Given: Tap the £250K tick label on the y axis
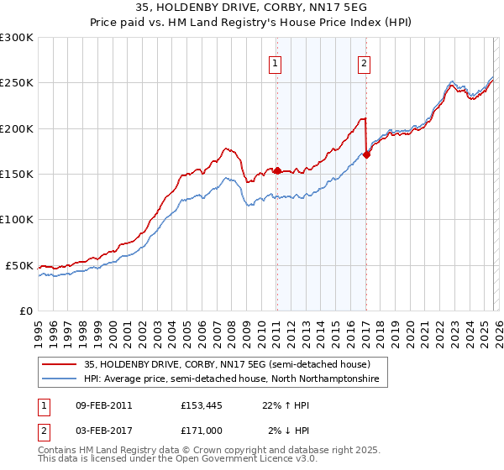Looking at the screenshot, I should tap(17, 83).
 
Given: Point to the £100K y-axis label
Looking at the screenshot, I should tap(17, 219).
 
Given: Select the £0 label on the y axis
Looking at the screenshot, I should tap(25, 311).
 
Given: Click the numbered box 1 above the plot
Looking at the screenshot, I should tap(276, 62).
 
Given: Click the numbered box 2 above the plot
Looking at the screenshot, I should tap(365, 62).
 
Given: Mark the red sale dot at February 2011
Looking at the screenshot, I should tap(276, 170).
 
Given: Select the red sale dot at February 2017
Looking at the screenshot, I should tap(366, 154).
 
